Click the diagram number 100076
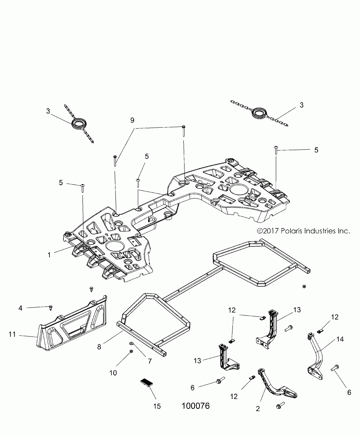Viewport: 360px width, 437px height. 195,405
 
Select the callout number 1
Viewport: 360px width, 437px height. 49,255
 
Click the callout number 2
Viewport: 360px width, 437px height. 258,408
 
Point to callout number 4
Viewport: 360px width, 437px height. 20,308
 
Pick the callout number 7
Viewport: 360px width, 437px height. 150,361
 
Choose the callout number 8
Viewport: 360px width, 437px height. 99,347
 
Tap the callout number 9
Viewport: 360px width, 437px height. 132,120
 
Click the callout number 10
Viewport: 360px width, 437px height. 113,373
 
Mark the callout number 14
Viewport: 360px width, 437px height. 340,339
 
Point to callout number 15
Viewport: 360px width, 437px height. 157,406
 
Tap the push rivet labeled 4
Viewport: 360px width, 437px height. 51,308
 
